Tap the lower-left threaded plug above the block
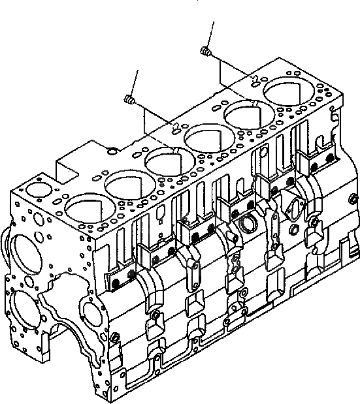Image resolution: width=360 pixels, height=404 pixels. tap(128, 99)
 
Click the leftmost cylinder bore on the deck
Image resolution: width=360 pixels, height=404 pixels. tap(80, 210)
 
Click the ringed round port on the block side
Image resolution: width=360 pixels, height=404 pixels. tap(249, 223)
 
